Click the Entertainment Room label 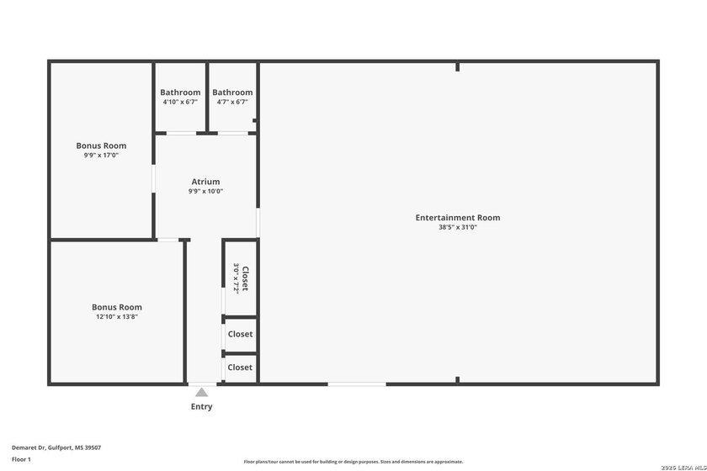coord(457,218)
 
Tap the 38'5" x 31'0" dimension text coord(457,227)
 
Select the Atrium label coord(205,182)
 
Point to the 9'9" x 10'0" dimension coord(205,191)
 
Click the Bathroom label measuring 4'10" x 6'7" coord(180,93)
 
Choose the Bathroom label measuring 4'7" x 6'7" coord(232,93)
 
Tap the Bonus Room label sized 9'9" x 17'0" coord(101,146)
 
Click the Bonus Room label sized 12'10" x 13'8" coord(117,307)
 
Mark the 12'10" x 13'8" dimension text coord(117,317)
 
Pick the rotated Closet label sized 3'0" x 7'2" coord(245,278)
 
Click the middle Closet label coord(240,335)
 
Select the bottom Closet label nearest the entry coord(240,368)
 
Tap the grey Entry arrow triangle coord(201,392)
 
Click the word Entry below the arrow coord(201,407)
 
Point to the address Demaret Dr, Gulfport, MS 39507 coord(56,447)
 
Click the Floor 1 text coord(21,459)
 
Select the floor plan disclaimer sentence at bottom coord(353,462)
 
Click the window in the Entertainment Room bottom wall coord(357,384)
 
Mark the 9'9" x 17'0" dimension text coord(101,155)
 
